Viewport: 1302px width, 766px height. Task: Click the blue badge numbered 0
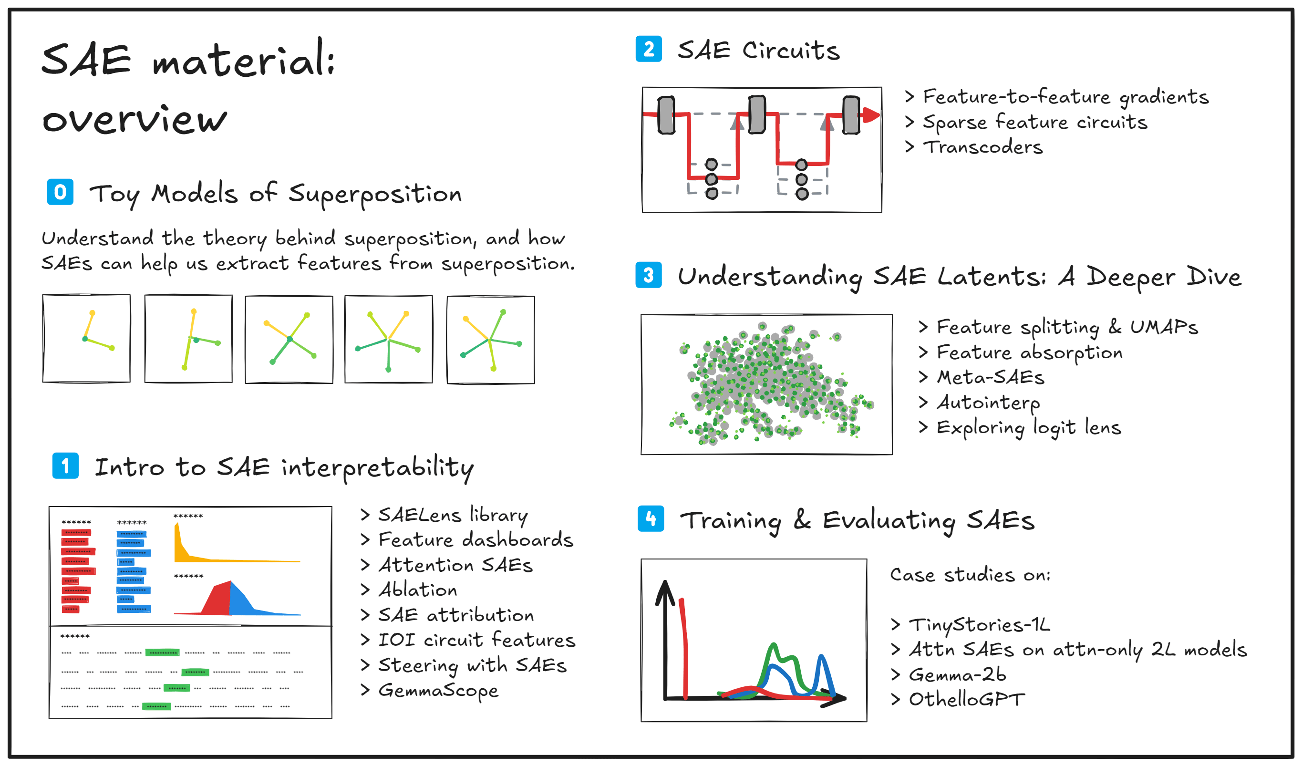point(60,192)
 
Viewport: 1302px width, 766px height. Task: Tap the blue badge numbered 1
point(65,466)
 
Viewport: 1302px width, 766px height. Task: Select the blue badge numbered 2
point(649,49)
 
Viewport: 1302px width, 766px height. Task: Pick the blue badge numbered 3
point(649,275)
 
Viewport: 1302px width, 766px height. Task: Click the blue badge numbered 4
point(651,518)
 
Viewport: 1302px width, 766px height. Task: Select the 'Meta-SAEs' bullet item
point(991,377)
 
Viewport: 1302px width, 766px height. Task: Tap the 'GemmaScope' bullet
point(438,691)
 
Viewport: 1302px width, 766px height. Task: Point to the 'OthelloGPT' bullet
point(966,699)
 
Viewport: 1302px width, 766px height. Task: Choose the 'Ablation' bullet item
point(417,590)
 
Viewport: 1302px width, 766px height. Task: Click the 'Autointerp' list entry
point(988,403)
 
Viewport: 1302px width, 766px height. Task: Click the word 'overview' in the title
point(134,120)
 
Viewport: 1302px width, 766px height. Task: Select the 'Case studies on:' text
point(970,575)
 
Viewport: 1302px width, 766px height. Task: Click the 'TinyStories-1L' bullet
point(979,625)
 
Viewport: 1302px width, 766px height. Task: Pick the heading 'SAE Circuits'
point(758,50)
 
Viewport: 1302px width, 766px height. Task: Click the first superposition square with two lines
point(86,339)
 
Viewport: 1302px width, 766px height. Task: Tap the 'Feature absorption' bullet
point(1029,352)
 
